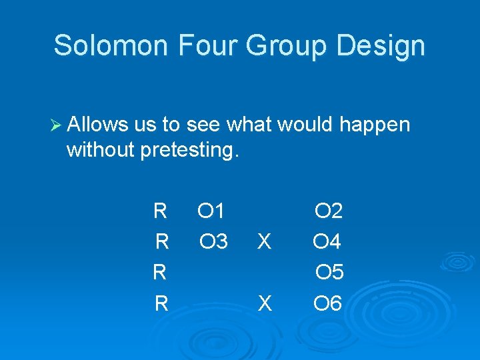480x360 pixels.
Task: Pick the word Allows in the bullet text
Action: click(x=97, y=125)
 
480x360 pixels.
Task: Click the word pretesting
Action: click(x=189, y=151)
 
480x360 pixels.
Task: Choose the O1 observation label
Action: click(x=211, y=211)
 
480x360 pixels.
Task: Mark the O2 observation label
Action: click(x=329, y=211)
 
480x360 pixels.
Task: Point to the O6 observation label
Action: click(x=327, y=304)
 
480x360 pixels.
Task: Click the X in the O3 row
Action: click(x=265, y=242)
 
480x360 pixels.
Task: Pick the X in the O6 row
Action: click(x=265, y=304)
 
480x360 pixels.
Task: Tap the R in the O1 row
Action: click(x=160, y=211)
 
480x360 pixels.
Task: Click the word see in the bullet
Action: click(x=205, y=125)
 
